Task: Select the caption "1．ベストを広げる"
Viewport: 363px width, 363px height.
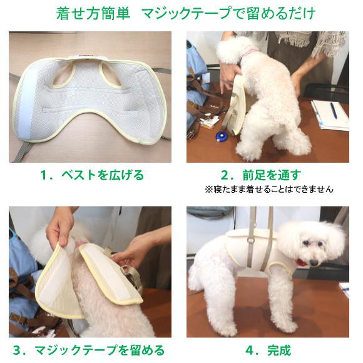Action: [x=91, y=175]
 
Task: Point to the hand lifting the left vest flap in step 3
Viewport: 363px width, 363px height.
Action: [x=59, y=225]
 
